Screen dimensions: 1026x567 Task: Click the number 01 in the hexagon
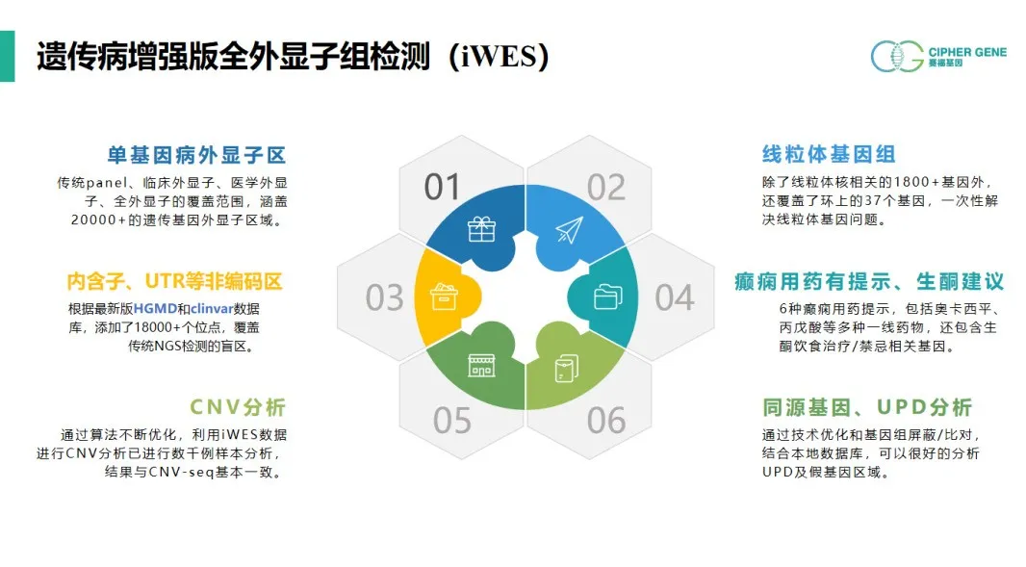point(443,187)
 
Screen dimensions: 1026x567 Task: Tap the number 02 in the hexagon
point(606,188)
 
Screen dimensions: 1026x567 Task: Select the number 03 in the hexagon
point(384,297)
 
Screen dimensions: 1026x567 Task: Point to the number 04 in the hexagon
point(674,297)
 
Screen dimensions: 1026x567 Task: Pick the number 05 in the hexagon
point(452,421)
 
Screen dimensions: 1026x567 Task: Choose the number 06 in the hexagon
point(606,421)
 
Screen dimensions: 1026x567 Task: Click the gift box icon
point(481,229)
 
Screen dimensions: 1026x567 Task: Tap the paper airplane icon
point(569,230)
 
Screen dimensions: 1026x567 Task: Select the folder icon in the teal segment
point(608,297)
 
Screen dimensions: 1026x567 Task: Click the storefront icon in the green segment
point(481,366)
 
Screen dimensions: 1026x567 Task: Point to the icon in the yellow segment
point(444,297)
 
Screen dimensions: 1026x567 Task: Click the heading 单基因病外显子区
point(197,155)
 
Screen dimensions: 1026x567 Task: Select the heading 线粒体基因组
point(829,155)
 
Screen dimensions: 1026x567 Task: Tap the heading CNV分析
point(238,407)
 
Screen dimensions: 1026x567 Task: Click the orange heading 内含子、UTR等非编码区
point(175,281)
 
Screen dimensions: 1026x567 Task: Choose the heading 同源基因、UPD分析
point(867,407)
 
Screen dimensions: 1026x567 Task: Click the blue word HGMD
point(155,308)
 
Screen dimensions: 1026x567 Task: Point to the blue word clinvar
point(212,308)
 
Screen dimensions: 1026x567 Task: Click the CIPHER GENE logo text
point(967,52)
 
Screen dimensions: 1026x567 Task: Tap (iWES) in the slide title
point(499,56)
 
